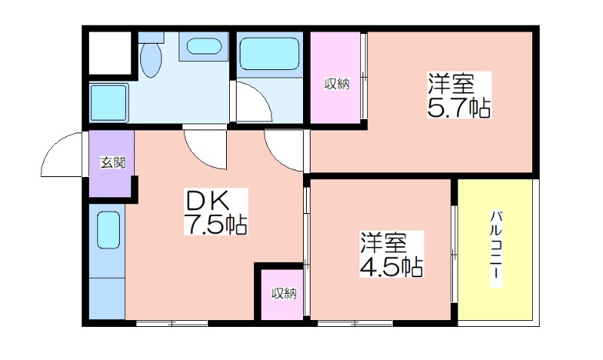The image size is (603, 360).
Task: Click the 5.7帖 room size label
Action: (x=459, y=94)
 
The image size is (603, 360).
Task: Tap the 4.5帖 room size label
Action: (x=391, y=254)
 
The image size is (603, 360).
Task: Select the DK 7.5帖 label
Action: (x=216, y=212)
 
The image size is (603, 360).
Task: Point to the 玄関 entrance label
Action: (x=112, y=163)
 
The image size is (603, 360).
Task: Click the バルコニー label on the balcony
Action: (x=496, y=249)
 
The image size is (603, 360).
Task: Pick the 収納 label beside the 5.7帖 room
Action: (x=336, y=84)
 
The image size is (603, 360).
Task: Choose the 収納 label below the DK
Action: (x=284, y=294)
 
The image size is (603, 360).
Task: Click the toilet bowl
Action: (x=150, y=59)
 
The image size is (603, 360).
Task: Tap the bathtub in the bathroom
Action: (x=269, y=53)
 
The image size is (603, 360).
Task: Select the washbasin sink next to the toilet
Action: (x=204, y=47)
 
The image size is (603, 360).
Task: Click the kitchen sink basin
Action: (x=109, y=230)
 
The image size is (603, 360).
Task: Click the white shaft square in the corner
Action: (x=110, y=53)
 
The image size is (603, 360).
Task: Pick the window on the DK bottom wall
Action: (x=172, y=323)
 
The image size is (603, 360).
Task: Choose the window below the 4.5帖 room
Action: (x=355, y=323)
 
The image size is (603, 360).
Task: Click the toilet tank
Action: (x=151, y=37)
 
